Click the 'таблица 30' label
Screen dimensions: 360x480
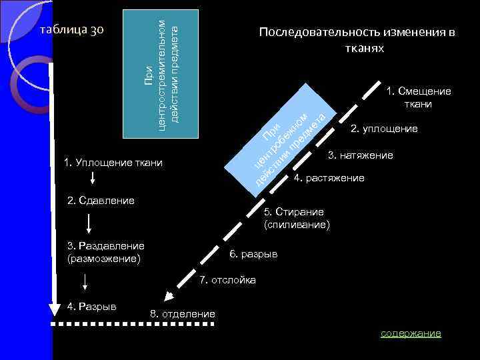[70, 31]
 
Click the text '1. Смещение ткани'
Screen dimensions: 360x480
[418, 97]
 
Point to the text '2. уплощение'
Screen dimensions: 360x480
[384, 129]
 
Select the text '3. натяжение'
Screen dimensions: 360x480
[360, 155]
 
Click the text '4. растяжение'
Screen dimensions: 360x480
[329, 178]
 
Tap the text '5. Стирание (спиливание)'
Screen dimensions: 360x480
[296, 218]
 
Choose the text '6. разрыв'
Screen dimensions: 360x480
[253, 254]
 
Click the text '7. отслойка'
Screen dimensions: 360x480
[227, 279]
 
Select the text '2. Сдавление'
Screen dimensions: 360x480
[101, 200]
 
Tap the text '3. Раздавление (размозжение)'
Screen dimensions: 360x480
[105, 252]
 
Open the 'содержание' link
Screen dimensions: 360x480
[410, 333]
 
